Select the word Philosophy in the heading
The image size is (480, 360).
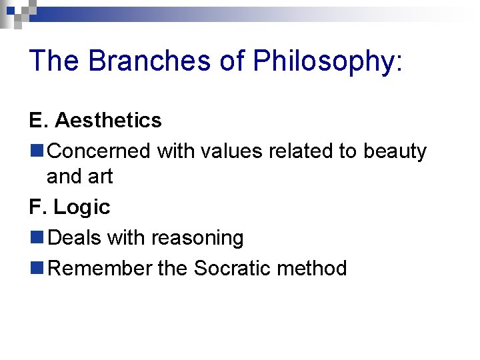pyautogui.click(x=325, y=61)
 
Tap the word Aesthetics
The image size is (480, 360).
pyautogui.click(x=108, y=120)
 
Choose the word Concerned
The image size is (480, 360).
pyautogui.click(x=99, y=151)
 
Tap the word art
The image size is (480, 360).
pyautogui.click(x=100, y=177)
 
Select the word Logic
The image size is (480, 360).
pyautogui.click(x=82, y=208)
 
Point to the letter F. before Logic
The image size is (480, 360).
pyautogui.click(x=37, y=207)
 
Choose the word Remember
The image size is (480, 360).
pyautogui.click(x=101, y=268)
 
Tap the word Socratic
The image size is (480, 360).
pyautogui.click(x=232, y=268)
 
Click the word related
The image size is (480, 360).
pyautogui.click(x=303, y=151)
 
